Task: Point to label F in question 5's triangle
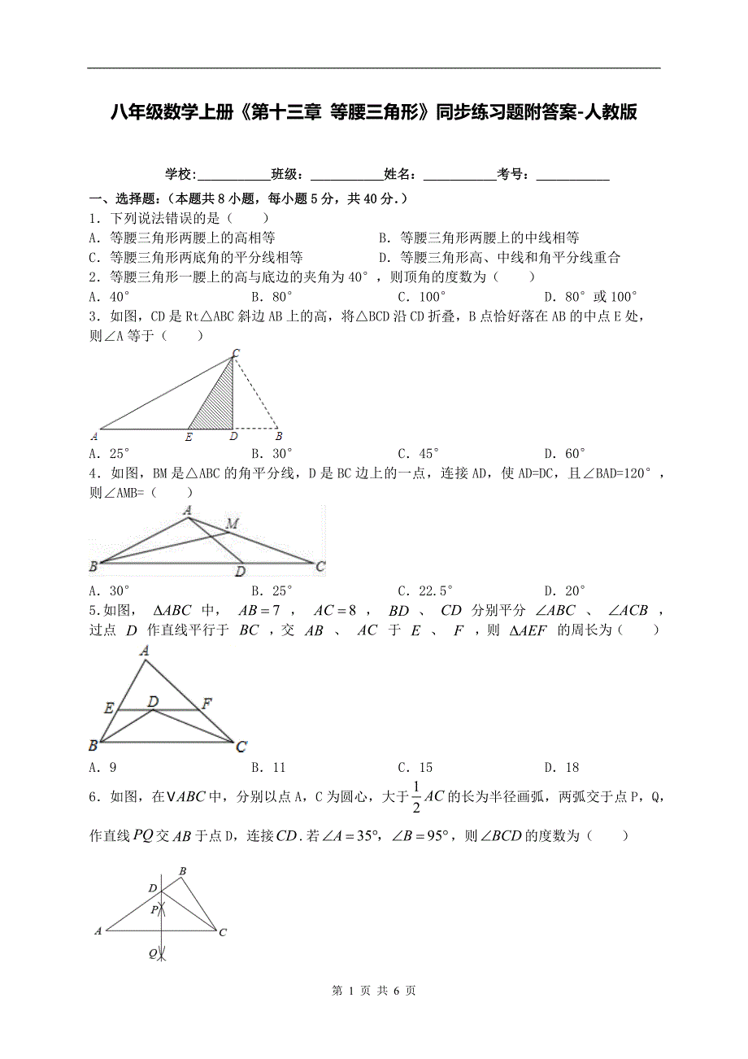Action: click(207, 704)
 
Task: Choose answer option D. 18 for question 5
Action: click(562, 767)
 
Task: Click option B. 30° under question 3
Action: click(272, 454)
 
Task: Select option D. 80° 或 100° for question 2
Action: click(590, 297)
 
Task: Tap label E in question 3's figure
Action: click(189, 437)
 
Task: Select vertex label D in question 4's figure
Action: click(240, 572)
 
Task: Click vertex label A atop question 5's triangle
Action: click(145, 650)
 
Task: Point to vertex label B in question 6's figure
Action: click(182, 872)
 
